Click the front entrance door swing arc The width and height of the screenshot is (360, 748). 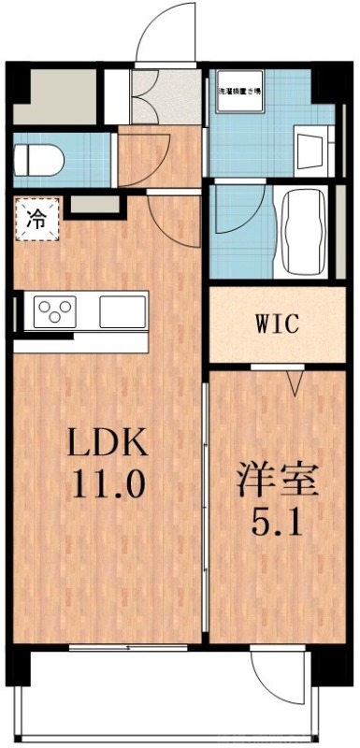[166, 37]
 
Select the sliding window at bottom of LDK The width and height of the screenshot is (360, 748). [131, 647]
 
